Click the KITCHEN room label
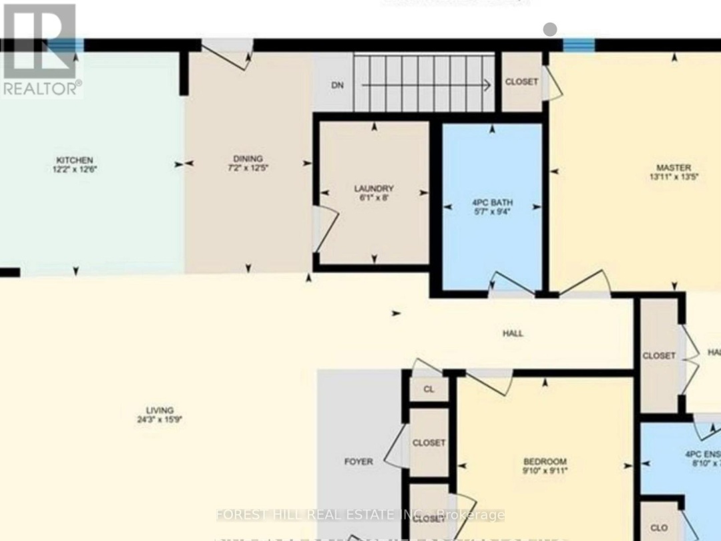74,160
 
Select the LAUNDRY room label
374,188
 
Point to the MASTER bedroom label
673,168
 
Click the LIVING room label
160,410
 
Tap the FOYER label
358,462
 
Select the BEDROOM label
545,462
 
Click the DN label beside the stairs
338,85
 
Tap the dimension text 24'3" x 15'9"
160,420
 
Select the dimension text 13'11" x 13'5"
673,178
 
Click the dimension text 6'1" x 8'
374,198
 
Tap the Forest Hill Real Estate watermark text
360,515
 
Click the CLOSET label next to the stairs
521,82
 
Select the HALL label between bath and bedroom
513,333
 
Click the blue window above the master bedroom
578,45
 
